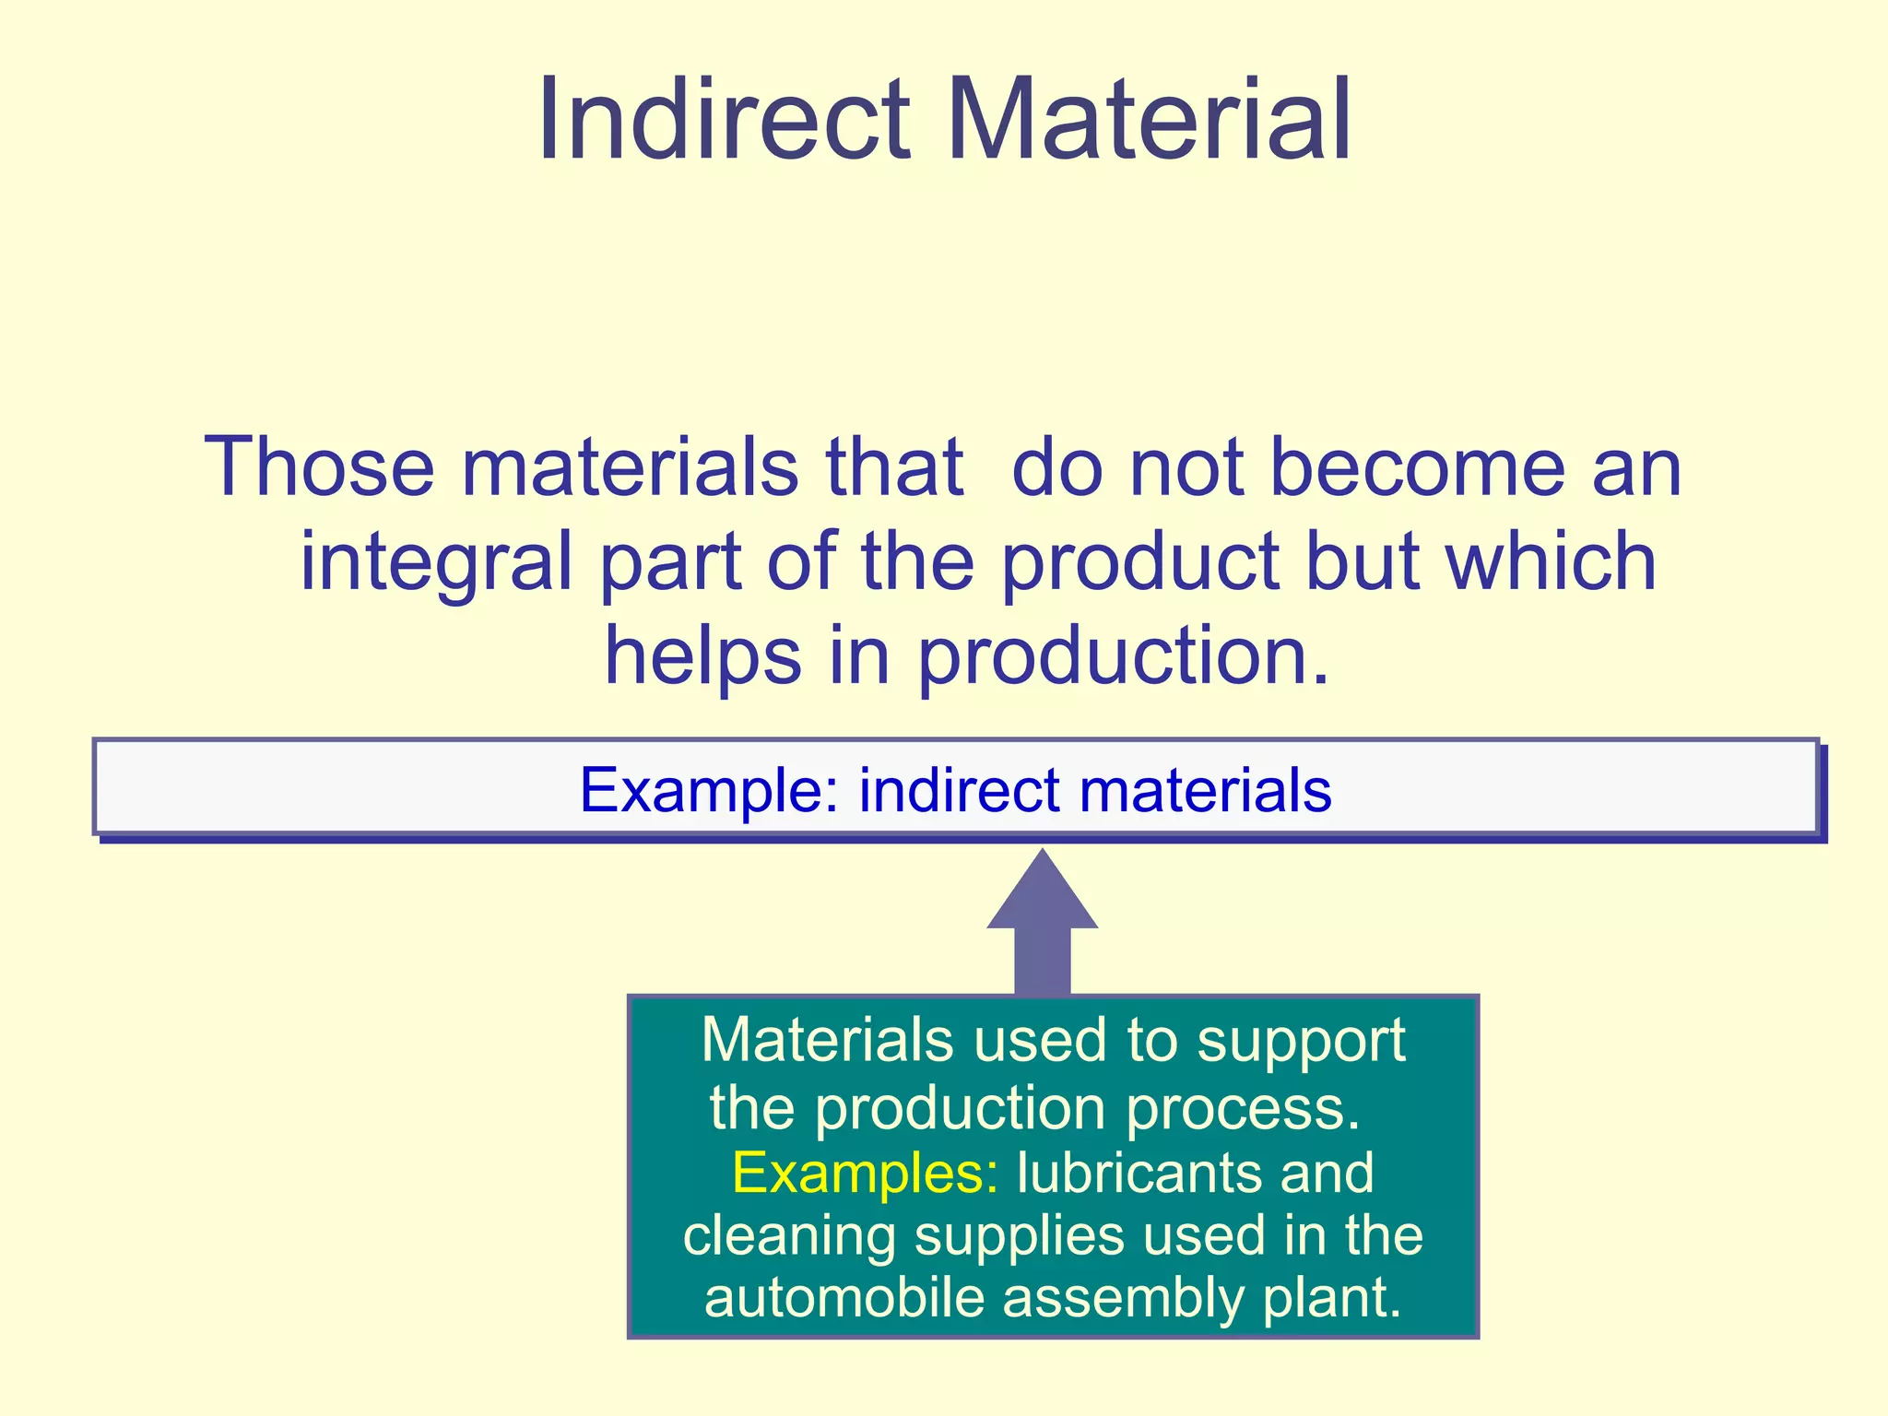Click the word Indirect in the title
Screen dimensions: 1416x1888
[724, 120]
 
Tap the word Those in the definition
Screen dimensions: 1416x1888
[318, 467]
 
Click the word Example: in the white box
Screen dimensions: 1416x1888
[708, 790]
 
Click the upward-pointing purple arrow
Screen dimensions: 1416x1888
[1042, 922]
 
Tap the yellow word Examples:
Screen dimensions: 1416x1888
[864, 1174]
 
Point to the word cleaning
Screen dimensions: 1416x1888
[789, 1236]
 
